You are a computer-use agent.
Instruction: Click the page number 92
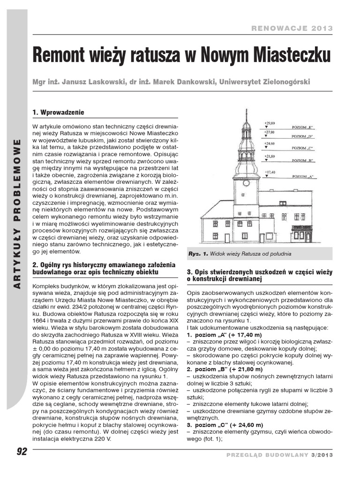(22, 452)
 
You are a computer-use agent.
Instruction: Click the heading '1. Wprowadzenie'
(58, 112)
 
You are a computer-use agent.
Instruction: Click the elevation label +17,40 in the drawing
(270, 172)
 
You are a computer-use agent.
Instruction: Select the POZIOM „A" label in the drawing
(302, 177)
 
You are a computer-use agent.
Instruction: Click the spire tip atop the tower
(246, 112)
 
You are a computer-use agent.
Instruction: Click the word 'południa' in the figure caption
(280, 254)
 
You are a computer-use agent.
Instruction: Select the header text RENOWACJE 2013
(292, 28)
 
